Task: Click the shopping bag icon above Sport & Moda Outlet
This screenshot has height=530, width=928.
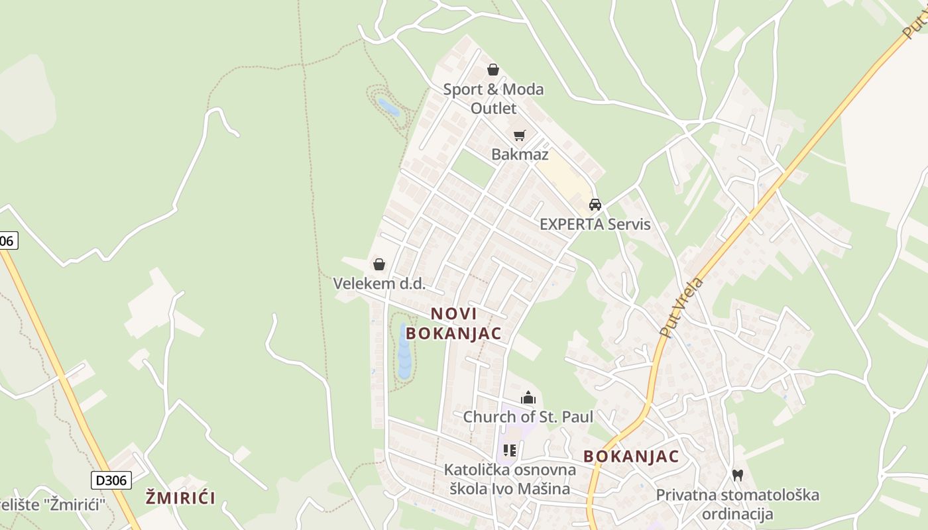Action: click(x=493, y=69)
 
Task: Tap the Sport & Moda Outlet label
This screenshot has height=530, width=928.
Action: click(x=493, y=98)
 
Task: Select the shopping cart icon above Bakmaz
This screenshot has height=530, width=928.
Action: click(x=520, y=135)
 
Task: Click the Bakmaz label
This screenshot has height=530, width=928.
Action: click(x=520, y=154)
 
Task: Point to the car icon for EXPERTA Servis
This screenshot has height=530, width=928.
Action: click(x=595, y=204)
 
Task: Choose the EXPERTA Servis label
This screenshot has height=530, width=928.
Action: click(x=595, y=224)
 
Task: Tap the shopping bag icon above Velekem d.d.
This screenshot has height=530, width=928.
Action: click(x=379, y=264)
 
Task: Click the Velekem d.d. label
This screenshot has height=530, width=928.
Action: click(x=378, y=284)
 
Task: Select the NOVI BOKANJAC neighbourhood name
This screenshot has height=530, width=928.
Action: click(x=454, y=323)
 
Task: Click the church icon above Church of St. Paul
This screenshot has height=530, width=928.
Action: click(x=528, y=397)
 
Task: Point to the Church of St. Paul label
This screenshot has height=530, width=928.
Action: click(x=528, y=417)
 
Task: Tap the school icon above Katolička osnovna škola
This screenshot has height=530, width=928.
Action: click(x=510, y=450)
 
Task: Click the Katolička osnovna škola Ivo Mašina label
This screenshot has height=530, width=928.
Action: click(x=510, y=479)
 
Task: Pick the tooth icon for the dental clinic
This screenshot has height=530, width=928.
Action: click(x=737, y=475)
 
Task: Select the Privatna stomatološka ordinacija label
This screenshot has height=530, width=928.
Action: click(x=737, y=504)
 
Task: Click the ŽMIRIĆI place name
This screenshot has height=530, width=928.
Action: click(x=181, y=498)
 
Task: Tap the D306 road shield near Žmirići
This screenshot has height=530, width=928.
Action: click(x=111, y=480)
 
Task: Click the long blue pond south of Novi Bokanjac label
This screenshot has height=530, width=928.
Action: click(x=404, y=351)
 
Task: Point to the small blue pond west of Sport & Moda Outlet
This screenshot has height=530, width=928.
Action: click(x=388, y=107)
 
